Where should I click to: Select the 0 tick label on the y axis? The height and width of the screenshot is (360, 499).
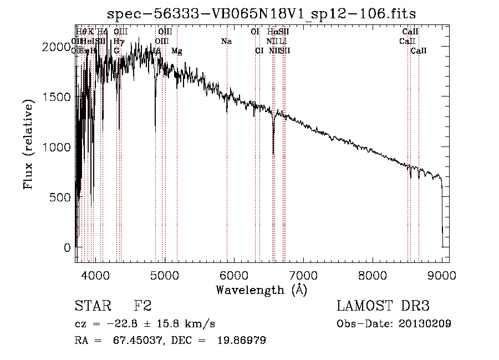[x=67, y=247]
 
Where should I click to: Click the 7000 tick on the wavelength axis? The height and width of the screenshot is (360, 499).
[x=303, y=275]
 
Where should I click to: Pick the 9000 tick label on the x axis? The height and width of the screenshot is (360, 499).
[x=441, y=275]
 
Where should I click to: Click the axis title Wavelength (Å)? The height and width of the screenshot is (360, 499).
[x=261, y=290]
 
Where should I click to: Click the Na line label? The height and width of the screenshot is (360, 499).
[x=226, y=42]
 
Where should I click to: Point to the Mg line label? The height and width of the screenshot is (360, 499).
[x=176, y=51]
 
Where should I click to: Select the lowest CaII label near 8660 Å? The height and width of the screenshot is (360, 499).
[x=419, y=51]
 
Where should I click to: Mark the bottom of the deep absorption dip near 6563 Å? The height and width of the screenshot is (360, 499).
[x=273, y=154]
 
